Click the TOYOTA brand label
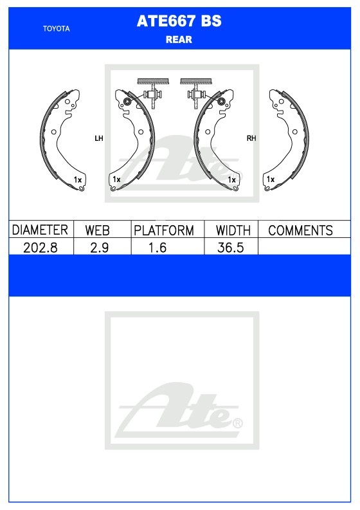pos(57,29)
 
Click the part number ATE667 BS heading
pos(179,21)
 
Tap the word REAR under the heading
pos(179,40)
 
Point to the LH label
pos(99,138)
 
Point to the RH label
pos(251,138)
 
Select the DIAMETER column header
pos(40,230)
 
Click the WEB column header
pos(97,230)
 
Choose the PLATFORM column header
pos(164,230)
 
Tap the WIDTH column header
pos(233,230)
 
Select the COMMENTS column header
pos(300,230)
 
